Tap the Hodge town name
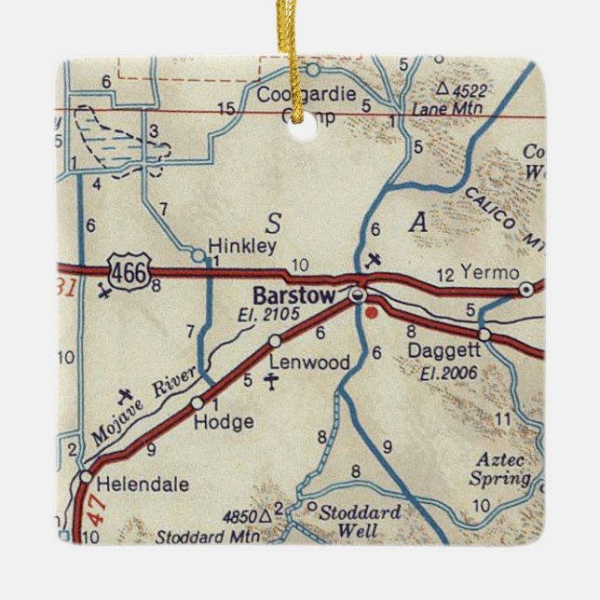coord(224,422)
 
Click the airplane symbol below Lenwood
coord(271,381)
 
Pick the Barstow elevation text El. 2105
coord(268,315)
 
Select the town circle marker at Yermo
coord(526,290)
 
